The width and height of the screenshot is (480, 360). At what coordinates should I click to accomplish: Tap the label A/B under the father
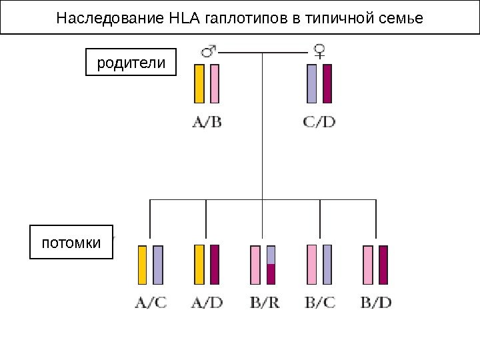[x=207, y=123]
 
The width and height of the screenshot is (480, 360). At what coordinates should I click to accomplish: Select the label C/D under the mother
[x=319, y=123]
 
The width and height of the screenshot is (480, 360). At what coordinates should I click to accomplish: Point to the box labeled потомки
[x=72, y=242]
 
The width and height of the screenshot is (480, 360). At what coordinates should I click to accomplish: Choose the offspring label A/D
[x=207, y=303]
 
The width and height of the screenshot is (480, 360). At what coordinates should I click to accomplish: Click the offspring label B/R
[x=263, y=303]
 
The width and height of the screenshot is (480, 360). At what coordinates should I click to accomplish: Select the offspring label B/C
[x=319, y=303]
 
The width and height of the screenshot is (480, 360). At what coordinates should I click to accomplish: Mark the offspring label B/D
[x=376, y=303]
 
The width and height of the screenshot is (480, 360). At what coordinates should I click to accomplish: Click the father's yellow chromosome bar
[x=199, y=83]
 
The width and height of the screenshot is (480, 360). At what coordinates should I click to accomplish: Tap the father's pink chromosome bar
[x=215, y=83]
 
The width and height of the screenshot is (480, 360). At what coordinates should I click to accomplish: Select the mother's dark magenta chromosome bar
[x=327, y=83]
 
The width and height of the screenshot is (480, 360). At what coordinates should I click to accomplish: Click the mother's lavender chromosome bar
[x=312, y=83]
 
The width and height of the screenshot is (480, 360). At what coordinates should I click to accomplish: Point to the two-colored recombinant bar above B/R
[x=271, y=265]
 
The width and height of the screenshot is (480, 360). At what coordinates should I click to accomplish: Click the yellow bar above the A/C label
[x=143, y=265]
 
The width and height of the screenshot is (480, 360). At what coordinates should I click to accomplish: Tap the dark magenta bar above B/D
[x=383, y=265]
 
